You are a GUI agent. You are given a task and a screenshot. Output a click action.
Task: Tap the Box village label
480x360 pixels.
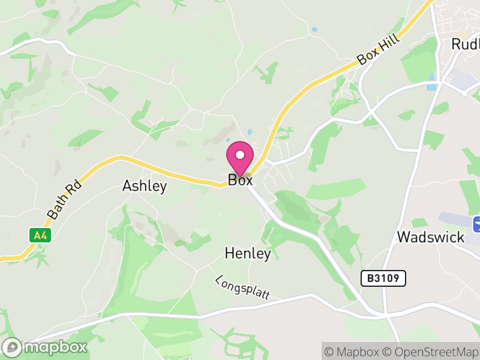tap(240, 180)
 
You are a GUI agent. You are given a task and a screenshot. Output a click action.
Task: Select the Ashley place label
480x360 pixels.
tap(145, 186)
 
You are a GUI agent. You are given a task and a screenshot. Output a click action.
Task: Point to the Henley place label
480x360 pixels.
tap(248, 254)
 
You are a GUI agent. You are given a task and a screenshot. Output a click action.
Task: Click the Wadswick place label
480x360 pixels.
tap(431, 237)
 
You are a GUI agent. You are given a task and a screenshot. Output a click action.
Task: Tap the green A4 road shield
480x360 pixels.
tap(40, 235)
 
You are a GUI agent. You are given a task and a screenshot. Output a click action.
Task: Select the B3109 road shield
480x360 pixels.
tap(383, 278)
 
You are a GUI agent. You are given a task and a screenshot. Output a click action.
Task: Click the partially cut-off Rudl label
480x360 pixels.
tap(465, 44)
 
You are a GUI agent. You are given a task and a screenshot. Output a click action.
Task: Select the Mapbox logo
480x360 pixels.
tap(45, 347)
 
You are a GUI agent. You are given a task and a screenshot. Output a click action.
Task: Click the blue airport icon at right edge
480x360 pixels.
tap(476, 224)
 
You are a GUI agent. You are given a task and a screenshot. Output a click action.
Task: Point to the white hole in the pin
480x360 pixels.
tap(240, 155)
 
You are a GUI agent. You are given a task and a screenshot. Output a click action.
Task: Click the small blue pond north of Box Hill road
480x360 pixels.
tap(314, 29)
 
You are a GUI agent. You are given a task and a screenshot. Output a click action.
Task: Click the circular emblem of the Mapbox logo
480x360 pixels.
tap(12, 347)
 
